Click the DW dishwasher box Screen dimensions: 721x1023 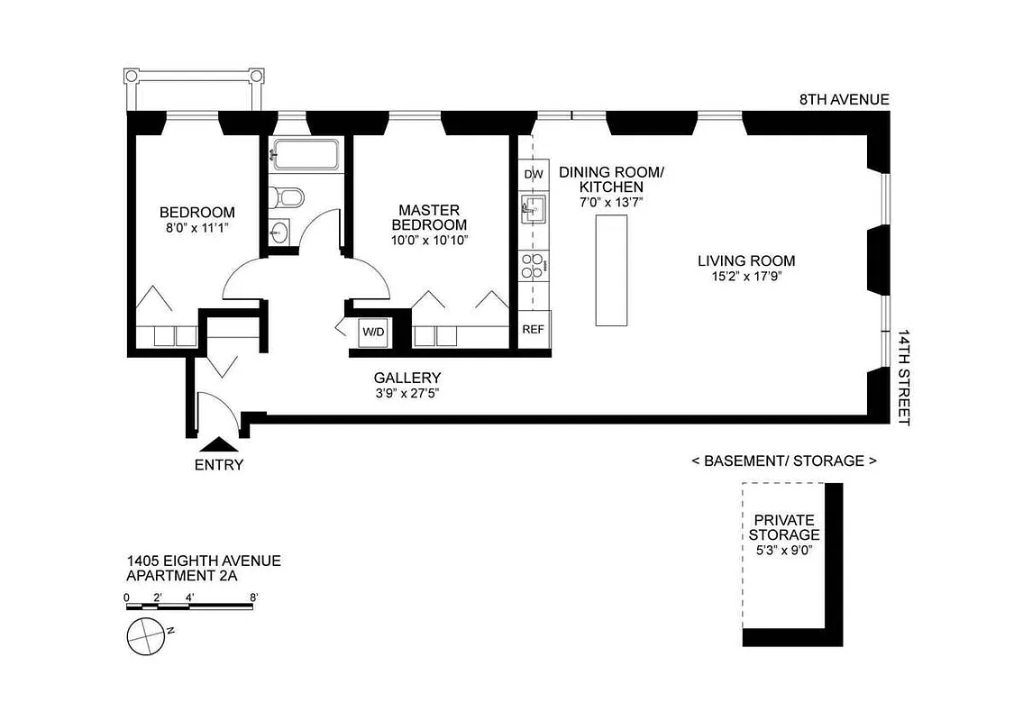(x=534, y=173)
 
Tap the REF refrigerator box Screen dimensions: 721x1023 (x=534, y=329)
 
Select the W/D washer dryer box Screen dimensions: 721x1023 (x=373, y=332)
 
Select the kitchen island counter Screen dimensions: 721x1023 (x=609, y=271)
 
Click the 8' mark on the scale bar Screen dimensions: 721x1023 (x=254, y=597)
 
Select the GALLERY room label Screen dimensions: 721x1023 (x=407, y=378)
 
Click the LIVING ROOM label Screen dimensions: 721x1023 (x=745, y=261)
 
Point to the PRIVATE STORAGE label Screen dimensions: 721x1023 (x=783, y=527)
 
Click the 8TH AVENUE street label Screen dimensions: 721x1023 (x=844, y=99)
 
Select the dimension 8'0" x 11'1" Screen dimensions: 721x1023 (x=196, y=228)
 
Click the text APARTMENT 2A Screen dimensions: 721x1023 (x=181, y=576)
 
